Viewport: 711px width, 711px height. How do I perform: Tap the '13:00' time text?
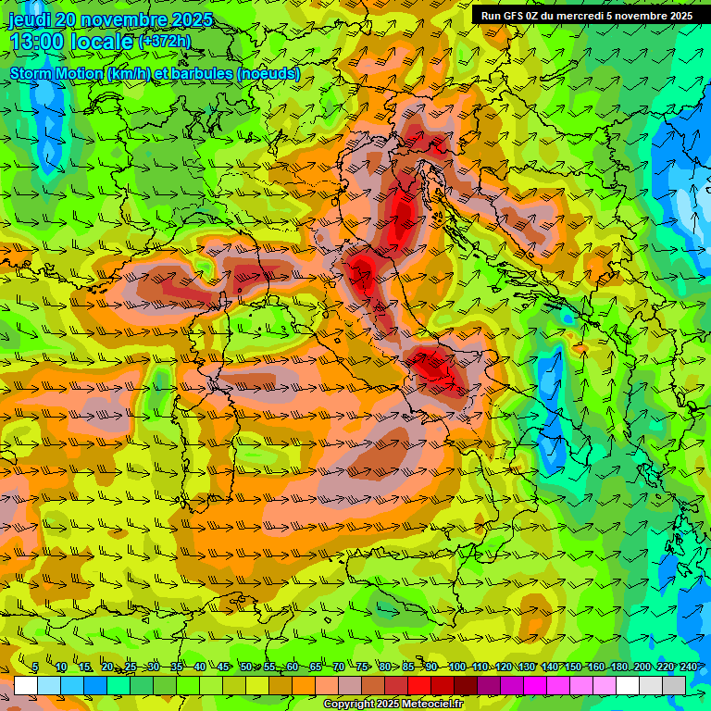pos(36,42)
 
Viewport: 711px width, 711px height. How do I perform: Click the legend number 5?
pos(35,667)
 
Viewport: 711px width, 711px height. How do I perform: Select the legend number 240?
pos(689,667)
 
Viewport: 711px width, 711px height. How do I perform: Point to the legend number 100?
pos(457,667)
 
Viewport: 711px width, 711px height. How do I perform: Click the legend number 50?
pos(245,667)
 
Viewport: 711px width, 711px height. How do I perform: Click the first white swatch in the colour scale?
pos(25,685)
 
